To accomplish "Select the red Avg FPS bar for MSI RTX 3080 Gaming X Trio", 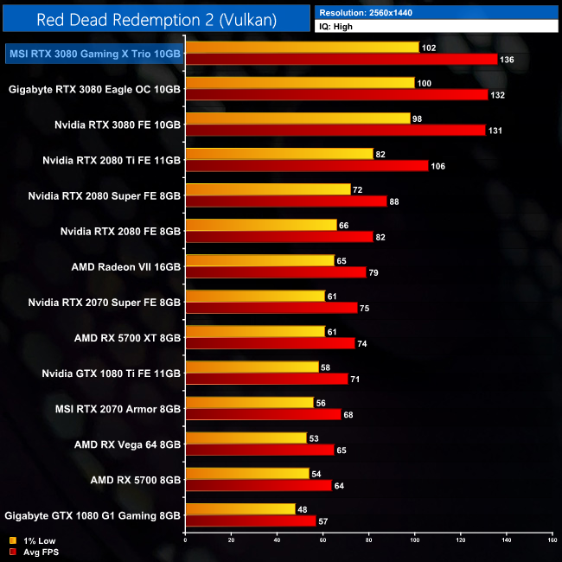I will pos(342,60).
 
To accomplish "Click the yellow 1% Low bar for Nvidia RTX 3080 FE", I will pos(297,118).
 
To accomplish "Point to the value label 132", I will pos(497,95).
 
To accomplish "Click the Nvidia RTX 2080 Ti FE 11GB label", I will pos(112,160).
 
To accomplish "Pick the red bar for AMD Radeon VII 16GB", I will pos(276,272).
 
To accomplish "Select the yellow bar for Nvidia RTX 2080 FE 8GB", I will pos(260,225).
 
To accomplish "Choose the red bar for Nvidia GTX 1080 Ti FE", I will pos(266,379).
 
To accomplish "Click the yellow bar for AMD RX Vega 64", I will pos(246,437).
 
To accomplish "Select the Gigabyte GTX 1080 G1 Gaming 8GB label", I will pos(93,515).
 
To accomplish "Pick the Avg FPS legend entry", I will pos(35,552).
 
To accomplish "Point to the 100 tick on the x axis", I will pos(414,540).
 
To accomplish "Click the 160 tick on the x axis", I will pos(552,540).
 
